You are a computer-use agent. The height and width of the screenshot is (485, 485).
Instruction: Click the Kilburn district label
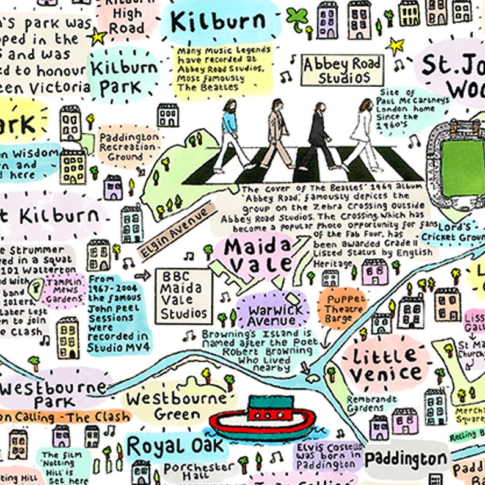tap(218, 22)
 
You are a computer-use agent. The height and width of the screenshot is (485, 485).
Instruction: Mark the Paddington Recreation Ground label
tap(129, 147)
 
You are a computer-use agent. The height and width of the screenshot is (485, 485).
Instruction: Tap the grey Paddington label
tap(406, 459)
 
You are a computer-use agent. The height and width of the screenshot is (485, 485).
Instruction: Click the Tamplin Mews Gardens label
tap(62, 293)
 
